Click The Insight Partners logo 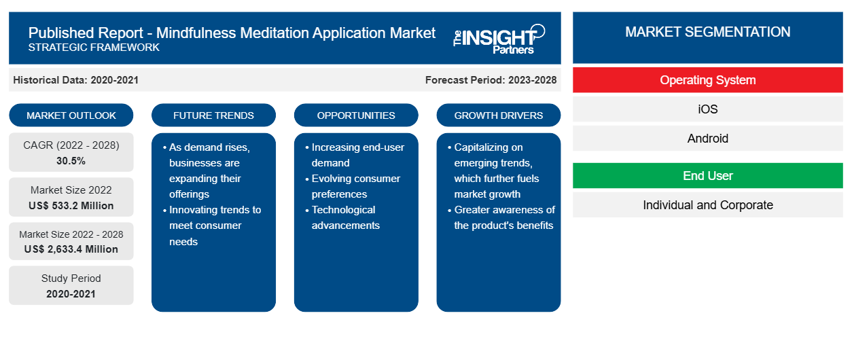click(x=499, y=39)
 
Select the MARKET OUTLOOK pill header click(x=71, y=115)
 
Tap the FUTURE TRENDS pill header click(x=213, y=115)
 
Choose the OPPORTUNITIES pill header click(x=356, y=115)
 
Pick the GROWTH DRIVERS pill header click(x=498, y=115)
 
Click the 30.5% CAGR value click(x=71, y=161)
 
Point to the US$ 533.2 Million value click(x=71, y=206)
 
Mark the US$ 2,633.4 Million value click(x=71, y=249)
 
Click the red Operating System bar click(x=708, y=80)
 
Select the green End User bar click(x=708, y=176)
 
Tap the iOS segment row click(x=708, y=109)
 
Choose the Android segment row click(x=708, y=139)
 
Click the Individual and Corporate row click(x=708, y=205)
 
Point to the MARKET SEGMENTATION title click(x=708, y=32)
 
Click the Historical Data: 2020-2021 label click(x=75, y=80)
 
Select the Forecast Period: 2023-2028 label click(x=491, y=80)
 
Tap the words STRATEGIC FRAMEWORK click(x=94, y=48)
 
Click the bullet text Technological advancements click(x=345, y=217)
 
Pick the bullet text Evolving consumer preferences click(x=355, y=186)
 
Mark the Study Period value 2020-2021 click(x=71, y=294)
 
